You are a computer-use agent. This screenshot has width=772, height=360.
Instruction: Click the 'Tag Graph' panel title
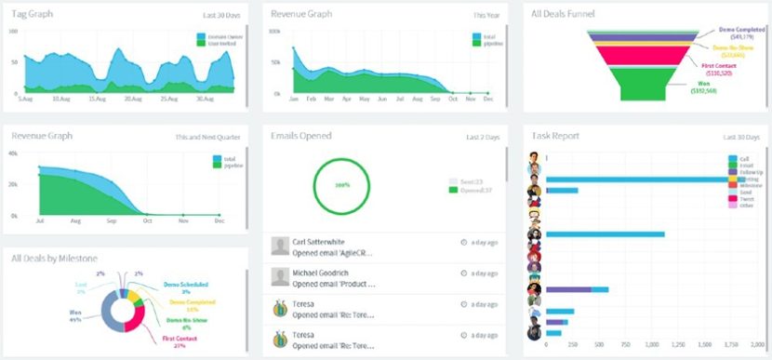pyautogui.click(x=33, y=14)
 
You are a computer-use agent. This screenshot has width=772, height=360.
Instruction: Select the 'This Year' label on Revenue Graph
pyautogui.click(x=486, y=15)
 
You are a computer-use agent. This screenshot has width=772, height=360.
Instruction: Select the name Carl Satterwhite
pyautogui.click(x=318, y=242)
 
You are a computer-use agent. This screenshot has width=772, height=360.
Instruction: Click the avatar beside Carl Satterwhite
pyautogui.click(x=279, y=246)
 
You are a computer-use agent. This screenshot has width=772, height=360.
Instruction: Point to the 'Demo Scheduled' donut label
pyautogui.click(x=185, y=285)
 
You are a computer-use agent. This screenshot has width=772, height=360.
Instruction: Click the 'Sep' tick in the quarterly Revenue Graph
pyautogui.click(x=112, y=222)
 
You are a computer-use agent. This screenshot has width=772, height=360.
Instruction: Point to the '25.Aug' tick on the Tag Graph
pyautogui.click(x=168, y=98)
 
